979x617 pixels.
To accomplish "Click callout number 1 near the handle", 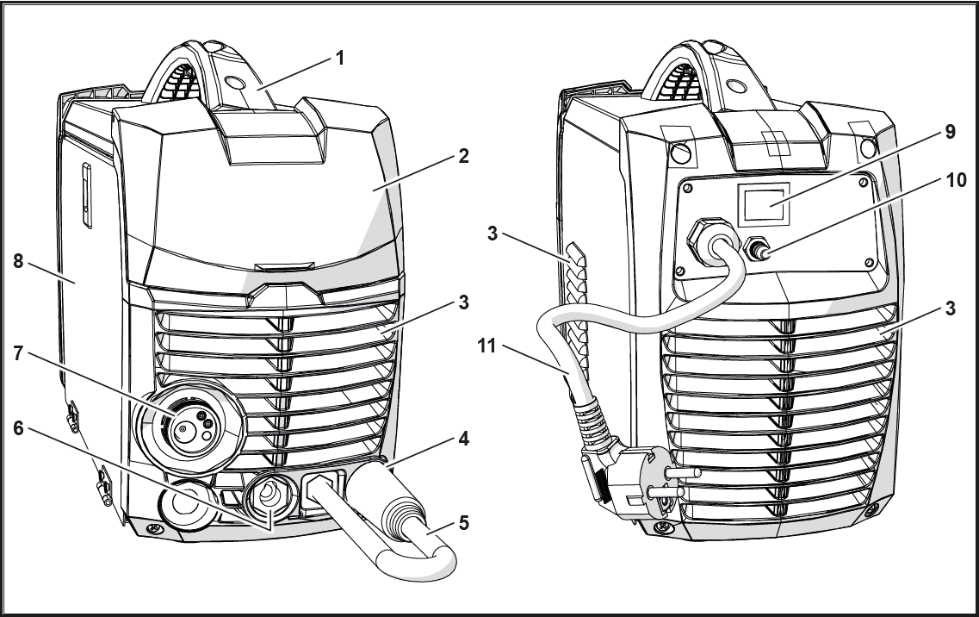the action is (339, 58).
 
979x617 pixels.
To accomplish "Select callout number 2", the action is (462, 156).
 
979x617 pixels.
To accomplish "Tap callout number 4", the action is (462, 439).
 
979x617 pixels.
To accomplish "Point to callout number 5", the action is (462, 522).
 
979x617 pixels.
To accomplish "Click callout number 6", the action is (18, 428).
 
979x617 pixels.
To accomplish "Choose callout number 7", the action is (18, 354).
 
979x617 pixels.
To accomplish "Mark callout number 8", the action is (18, 261).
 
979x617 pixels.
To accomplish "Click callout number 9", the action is (950, 132).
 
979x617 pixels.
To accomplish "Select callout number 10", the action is (956, 180).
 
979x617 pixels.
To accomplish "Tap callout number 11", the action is (486, 346).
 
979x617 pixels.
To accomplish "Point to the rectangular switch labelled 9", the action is (764, 204).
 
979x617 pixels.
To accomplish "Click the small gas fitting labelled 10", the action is (755, 250).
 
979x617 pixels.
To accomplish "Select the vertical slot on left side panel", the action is (87, 196).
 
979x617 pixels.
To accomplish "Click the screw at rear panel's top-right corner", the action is (863, 182).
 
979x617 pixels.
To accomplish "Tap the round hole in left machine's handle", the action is (235, 82).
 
